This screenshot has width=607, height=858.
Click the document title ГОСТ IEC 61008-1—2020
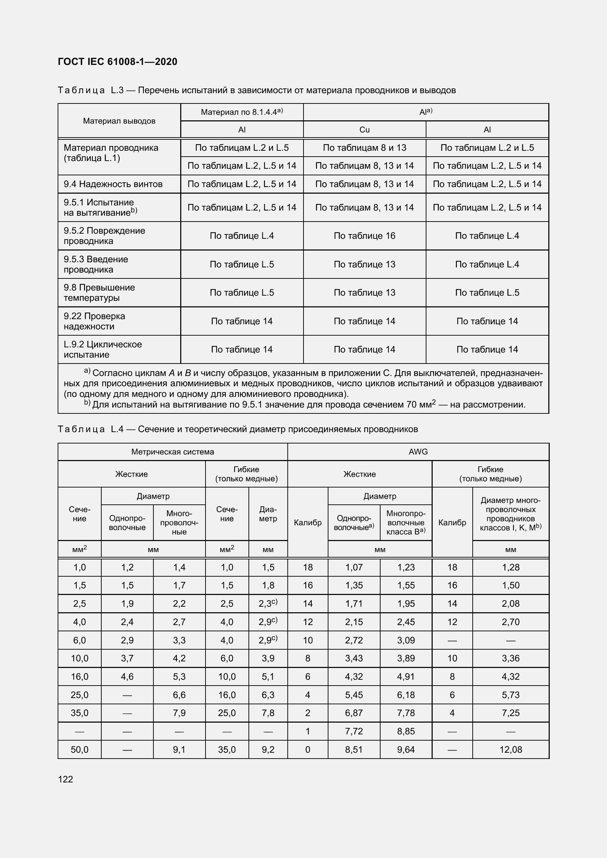point(117,62)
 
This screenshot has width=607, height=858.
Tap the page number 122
point(65,779)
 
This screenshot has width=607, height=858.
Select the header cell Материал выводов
point(119,121)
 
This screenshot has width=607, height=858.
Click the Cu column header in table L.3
point(364,129)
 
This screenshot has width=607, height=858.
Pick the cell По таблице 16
point(364,236)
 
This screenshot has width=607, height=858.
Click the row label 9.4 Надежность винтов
point(113,184)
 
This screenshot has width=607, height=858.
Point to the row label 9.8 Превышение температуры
point(99,293)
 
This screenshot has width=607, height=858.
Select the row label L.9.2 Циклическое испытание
point(102,350)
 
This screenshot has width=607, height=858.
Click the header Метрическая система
point(172,452)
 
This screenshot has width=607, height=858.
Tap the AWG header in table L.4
point(418,452)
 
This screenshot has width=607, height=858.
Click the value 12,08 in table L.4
point(510,749)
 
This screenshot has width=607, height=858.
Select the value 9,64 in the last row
point(406,749)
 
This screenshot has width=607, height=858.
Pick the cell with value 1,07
point(354,567)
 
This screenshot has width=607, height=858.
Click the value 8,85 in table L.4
point(406,731)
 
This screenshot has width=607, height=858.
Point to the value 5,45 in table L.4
point(354,695)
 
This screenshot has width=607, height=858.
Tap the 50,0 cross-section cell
point(80,749)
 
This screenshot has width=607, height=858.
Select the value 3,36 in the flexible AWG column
point(510,658)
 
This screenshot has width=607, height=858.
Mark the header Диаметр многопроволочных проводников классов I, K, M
point(510,514)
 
